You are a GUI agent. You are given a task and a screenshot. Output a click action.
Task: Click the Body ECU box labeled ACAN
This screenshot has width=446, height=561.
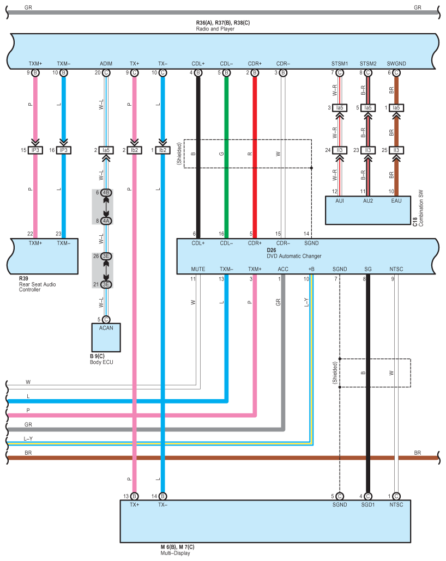[106, 338]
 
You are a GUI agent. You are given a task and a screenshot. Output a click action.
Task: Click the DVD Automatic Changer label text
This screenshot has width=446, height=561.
[294, 256]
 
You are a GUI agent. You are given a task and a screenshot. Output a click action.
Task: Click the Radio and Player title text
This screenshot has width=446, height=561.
[215, 29]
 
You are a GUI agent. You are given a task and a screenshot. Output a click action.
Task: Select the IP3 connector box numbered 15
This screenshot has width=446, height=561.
[35, 150]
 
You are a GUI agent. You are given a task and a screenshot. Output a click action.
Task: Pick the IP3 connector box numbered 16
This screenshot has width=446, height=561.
[64, 150]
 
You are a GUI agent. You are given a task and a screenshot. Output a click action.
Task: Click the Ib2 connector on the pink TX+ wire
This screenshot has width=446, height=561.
[134, 150]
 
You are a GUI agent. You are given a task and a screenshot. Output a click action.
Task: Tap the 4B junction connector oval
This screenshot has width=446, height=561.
[106, 192]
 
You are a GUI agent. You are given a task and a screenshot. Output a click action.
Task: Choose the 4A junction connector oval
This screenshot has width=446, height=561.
[106, 221]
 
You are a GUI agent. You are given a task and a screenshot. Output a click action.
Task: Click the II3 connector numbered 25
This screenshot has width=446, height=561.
[396, 150]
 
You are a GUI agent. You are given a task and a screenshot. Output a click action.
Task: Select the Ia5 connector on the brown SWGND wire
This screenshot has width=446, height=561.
[396, 107]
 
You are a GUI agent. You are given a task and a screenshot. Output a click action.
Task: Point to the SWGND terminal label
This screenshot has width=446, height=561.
[396, 64]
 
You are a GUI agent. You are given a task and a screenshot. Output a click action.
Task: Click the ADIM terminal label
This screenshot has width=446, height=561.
[106, 64]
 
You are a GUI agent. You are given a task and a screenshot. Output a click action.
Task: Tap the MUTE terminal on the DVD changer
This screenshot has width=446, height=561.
[198, 269]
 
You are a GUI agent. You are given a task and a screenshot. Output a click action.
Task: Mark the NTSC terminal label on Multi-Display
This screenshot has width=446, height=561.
[396, 505]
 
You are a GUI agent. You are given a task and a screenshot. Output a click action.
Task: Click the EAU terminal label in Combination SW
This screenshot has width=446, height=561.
[396, 201]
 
